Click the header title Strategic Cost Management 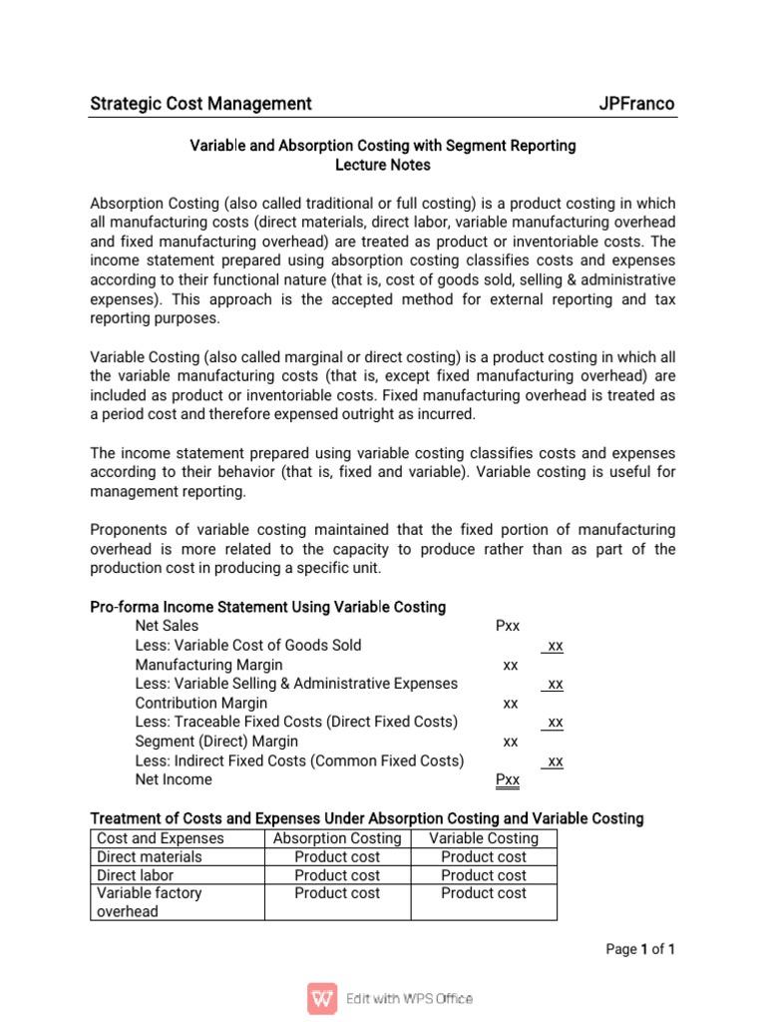tap(200, 104)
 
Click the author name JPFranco tap(636, 104)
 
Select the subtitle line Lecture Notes tap(383, 165)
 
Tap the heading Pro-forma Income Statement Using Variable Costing tap(267, 607)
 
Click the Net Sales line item tap(167, 627)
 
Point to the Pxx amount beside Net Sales tap(508, 627)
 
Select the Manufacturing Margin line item tap(208, 665)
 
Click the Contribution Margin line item tap(200, 703)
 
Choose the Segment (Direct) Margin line tap(215, 742)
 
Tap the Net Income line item tap(174, 779)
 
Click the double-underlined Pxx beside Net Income tap(508, 779)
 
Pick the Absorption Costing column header tap(337, 838)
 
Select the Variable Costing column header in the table tap(483, 838)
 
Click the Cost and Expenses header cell tap(161, 838)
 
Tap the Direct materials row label tap(150, 857)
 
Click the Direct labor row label tap(137, 875)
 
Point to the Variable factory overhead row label tap(150, 902)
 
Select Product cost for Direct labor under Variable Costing tap(483, 875)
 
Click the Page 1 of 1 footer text tap(640, 950)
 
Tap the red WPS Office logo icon tap(321, 998)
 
